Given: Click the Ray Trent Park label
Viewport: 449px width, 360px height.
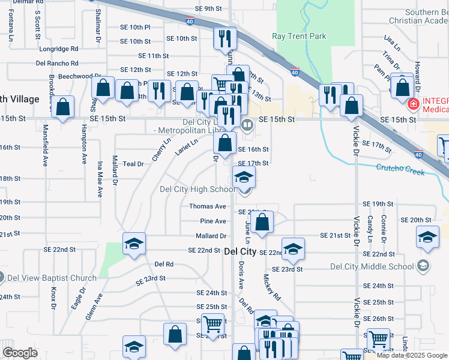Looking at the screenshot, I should pos(300,37).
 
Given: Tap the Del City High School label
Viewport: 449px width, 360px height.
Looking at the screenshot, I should pos(197,190).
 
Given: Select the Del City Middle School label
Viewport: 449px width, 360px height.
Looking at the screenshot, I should pos(373,266).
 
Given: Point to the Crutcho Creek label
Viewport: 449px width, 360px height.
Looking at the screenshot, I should pos(400,170).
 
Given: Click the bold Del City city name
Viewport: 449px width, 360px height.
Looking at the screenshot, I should pos(240,253).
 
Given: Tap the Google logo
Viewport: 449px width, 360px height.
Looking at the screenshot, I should pos(20,353).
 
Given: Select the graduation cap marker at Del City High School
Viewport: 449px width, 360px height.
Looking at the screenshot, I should pos(244,178).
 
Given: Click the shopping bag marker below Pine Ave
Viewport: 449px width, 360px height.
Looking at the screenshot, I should pos(262,223).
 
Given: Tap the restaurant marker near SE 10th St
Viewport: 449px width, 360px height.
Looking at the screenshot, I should pos(226,39).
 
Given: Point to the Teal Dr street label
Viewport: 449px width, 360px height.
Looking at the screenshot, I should pos(133,164).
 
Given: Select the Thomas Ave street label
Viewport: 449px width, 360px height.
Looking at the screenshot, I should pos(207,206).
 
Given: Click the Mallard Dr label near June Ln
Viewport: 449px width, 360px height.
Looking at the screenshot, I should pos(210,236).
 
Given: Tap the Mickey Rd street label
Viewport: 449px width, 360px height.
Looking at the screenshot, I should pos(272,287).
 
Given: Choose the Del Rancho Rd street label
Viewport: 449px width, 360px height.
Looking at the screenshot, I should pos(58,62).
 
